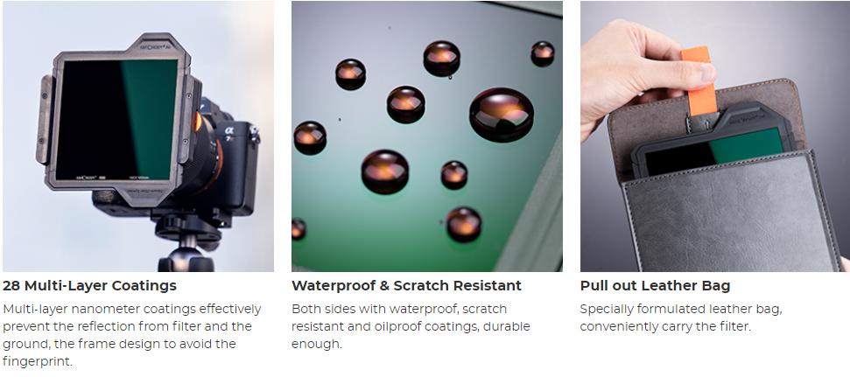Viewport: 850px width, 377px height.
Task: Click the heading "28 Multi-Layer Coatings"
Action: pos(89,285)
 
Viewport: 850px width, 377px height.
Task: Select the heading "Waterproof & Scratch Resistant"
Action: pos(406,285)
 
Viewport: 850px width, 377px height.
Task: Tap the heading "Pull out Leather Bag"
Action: pos(655,285)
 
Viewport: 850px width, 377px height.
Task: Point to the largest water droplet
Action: pos(502,115)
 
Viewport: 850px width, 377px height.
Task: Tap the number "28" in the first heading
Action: pos(11,285)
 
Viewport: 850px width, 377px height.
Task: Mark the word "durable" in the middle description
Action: pos(508,326)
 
